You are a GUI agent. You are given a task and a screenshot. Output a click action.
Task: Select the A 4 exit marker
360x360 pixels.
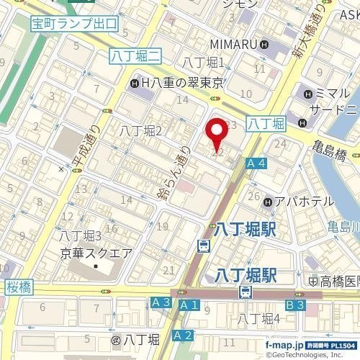pos(256,164)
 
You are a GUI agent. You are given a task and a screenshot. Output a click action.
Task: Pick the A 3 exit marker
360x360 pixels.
pos(161,304)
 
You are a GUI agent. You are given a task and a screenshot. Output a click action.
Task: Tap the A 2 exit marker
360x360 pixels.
pos(184,335)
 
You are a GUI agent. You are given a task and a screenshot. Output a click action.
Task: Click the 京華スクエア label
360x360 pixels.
pos(96,253)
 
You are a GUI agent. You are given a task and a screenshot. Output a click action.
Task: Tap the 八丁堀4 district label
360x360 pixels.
pos(258,319)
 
